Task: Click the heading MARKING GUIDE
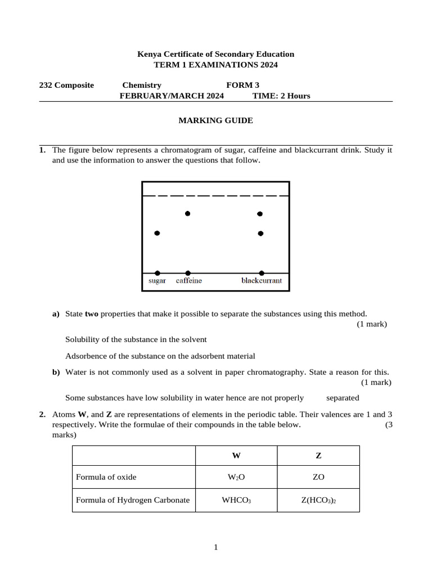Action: pyautogui.click(x=215, y=120)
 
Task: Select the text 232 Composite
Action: pyautogui.click(x=66, y=85)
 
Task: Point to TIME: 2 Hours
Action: pyautogui.click(x=281, y=96)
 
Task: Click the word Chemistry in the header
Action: pyautogui.click(x=142, y=85)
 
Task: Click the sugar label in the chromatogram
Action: pyautogui.click(x=157, y=281)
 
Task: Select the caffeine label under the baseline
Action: pyautogui.click(x=188, y=281)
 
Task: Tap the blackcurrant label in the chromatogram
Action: pyautogui.click(x=262, y=281)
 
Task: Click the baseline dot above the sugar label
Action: pyautogui.click(x=157, y=273)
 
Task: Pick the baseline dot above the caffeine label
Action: pyautogui.click(x=188, y=273)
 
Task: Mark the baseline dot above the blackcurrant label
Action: pyautogui.click(x=261, y=273)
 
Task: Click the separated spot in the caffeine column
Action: pyautogui.click(x=187, y=214)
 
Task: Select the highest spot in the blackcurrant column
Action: pyautogui.click(x=260, y=214)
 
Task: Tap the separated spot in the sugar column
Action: pyautogui.click(x=157, y=233)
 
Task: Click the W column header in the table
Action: pyautogui.click(x=236, y=456)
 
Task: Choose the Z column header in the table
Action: pyautogui.click(x=318, y=456)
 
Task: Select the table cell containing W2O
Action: pyautogui.click(x=236, y=477)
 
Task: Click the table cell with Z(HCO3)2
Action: pyautogui.click(x=318, y=500)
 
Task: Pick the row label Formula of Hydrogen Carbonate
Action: pyautogui.click(x=133, y=500)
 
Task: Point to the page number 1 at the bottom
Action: pyautogui.click(x=215, y=547)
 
